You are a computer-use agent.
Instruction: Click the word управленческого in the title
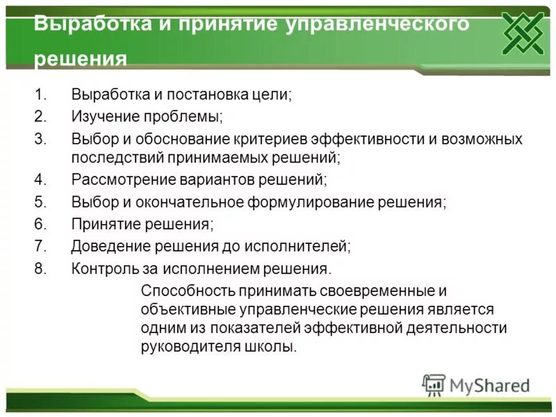(377, 24)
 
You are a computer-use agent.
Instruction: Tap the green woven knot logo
(523, 33)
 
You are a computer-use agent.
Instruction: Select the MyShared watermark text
(489, 385)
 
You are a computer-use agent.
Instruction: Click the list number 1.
(40, 95)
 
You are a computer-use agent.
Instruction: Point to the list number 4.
(40, 180)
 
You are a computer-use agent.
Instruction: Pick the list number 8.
(40, 268)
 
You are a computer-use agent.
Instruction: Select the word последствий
(112, 158)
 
